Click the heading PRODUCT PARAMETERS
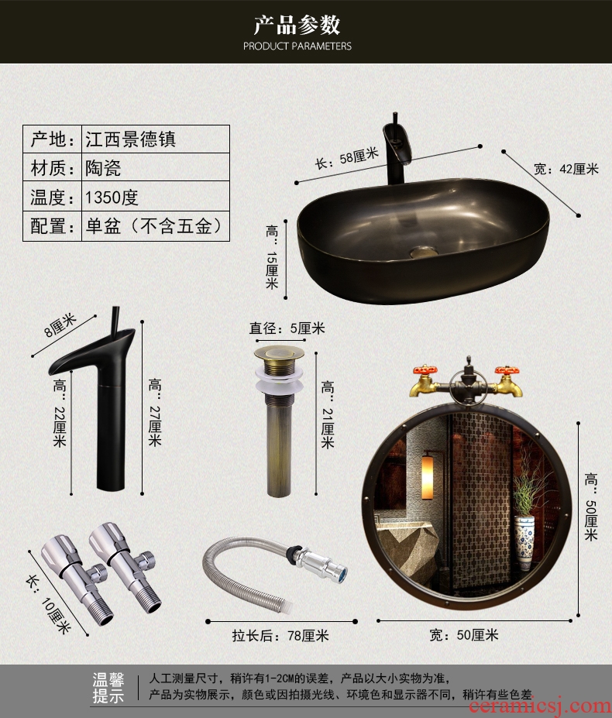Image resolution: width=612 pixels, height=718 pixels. point(297,46)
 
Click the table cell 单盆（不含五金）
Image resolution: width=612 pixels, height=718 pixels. point(154,225)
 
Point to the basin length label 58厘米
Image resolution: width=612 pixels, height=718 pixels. point(347,159)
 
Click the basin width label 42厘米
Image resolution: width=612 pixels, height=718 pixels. point(566,169)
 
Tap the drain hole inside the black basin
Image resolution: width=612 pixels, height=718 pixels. point(421,252)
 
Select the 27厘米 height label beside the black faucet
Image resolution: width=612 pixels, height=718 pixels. point(155,413)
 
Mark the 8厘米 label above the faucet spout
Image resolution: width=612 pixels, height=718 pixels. point(60,325)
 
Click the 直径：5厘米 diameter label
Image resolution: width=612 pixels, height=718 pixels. point(287,328)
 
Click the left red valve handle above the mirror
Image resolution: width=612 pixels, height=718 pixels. point(425,370)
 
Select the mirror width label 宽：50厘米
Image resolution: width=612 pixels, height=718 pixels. point(463,635)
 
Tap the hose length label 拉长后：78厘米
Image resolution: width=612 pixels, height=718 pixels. point(280,636)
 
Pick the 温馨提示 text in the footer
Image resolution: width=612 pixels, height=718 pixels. point(108,687)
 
